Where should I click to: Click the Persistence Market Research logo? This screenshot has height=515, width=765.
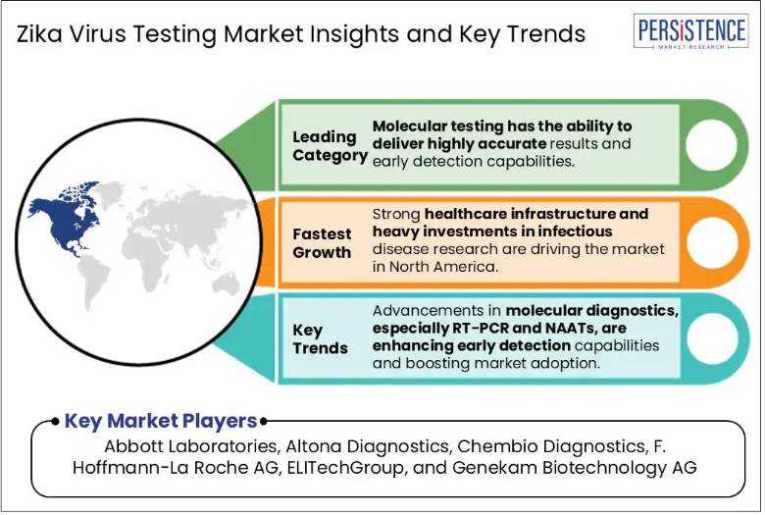pyautogui.click(x=690, y=30)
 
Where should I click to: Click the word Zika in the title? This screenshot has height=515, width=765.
pyautogui.click(x=39, y=34)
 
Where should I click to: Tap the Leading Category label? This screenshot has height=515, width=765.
pyautogui.click(x=330, y=146)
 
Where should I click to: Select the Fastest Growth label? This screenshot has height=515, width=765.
pyautogui.click(x=322, y=243)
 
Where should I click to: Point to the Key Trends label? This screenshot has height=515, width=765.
pyautogui.click(x=320, y=339)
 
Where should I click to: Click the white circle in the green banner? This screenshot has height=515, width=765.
pyautogui.click(x=711, y=145)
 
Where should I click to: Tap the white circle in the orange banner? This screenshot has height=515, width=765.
pyautogui.click(x=712, y=242)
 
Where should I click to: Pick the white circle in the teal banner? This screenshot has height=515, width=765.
pyautogui.click(x=712, y=337)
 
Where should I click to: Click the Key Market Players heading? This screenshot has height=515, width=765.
pyautogui.click(x=161, y=421)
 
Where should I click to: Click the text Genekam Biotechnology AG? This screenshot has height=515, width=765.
pyautogui.click(x=574, y=468)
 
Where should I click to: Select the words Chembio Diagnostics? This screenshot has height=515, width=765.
pyautogui.click(x=553, y=446)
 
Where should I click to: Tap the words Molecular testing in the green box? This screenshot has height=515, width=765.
pyautogui.click(x=436, y=127)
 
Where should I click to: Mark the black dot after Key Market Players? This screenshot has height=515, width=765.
pyautogui.click(x=264, y=421)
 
